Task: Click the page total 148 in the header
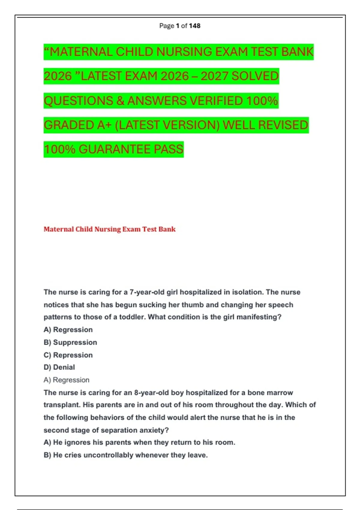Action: [195, 26]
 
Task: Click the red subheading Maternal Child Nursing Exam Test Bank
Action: [109, 229]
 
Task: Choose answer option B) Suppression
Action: [70, 342]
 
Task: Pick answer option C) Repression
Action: [68, 355]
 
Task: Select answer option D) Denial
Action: [59, 367]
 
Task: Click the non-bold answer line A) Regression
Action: [66, 380]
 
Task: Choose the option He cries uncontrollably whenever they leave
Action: [126, 455]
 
